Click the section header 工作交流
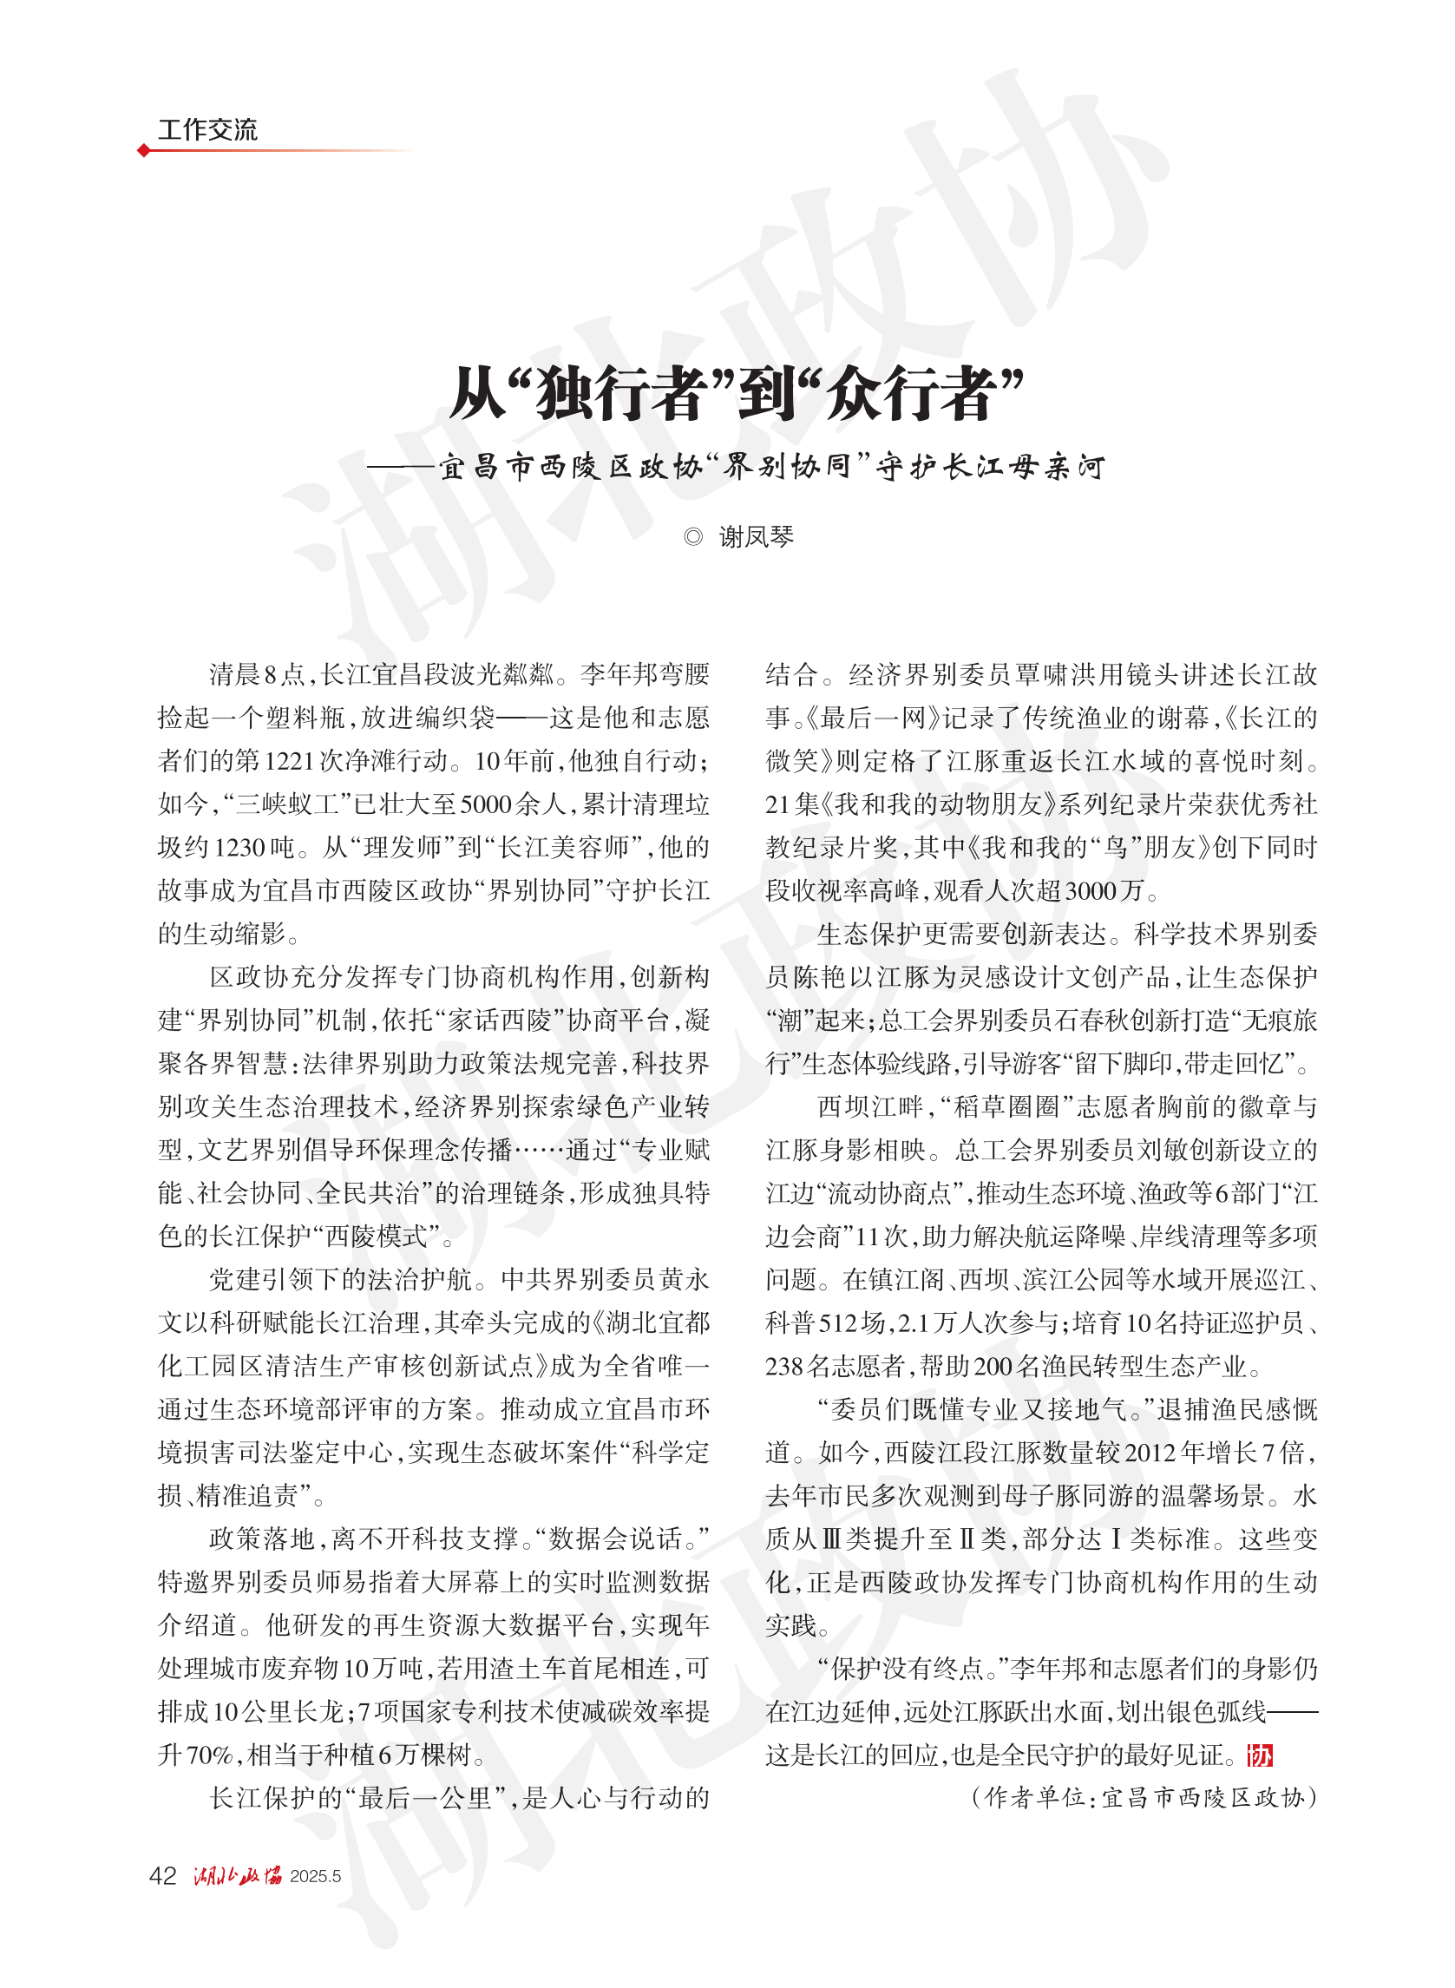pos(207,129)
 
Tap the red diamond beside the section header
pos(143,151)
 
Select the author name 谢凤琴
pos(756,536)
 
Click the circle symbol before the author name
pos(693,536)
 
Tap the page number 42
pos(163,1875)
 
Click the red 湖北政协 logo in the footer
pos(237,1875)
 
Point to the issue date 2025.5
pos(314,1876)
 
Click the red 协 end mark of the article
pos(1260,1755)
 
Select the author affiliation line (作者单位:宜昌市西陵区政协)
pos(1144,1798)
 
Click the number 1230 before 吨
pos(239,847)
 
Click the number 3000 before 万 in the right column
pos(1091,890)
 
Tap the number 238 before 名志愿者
pos(783,1366)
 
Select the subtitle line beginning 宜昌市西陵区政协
pos(770,466)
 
